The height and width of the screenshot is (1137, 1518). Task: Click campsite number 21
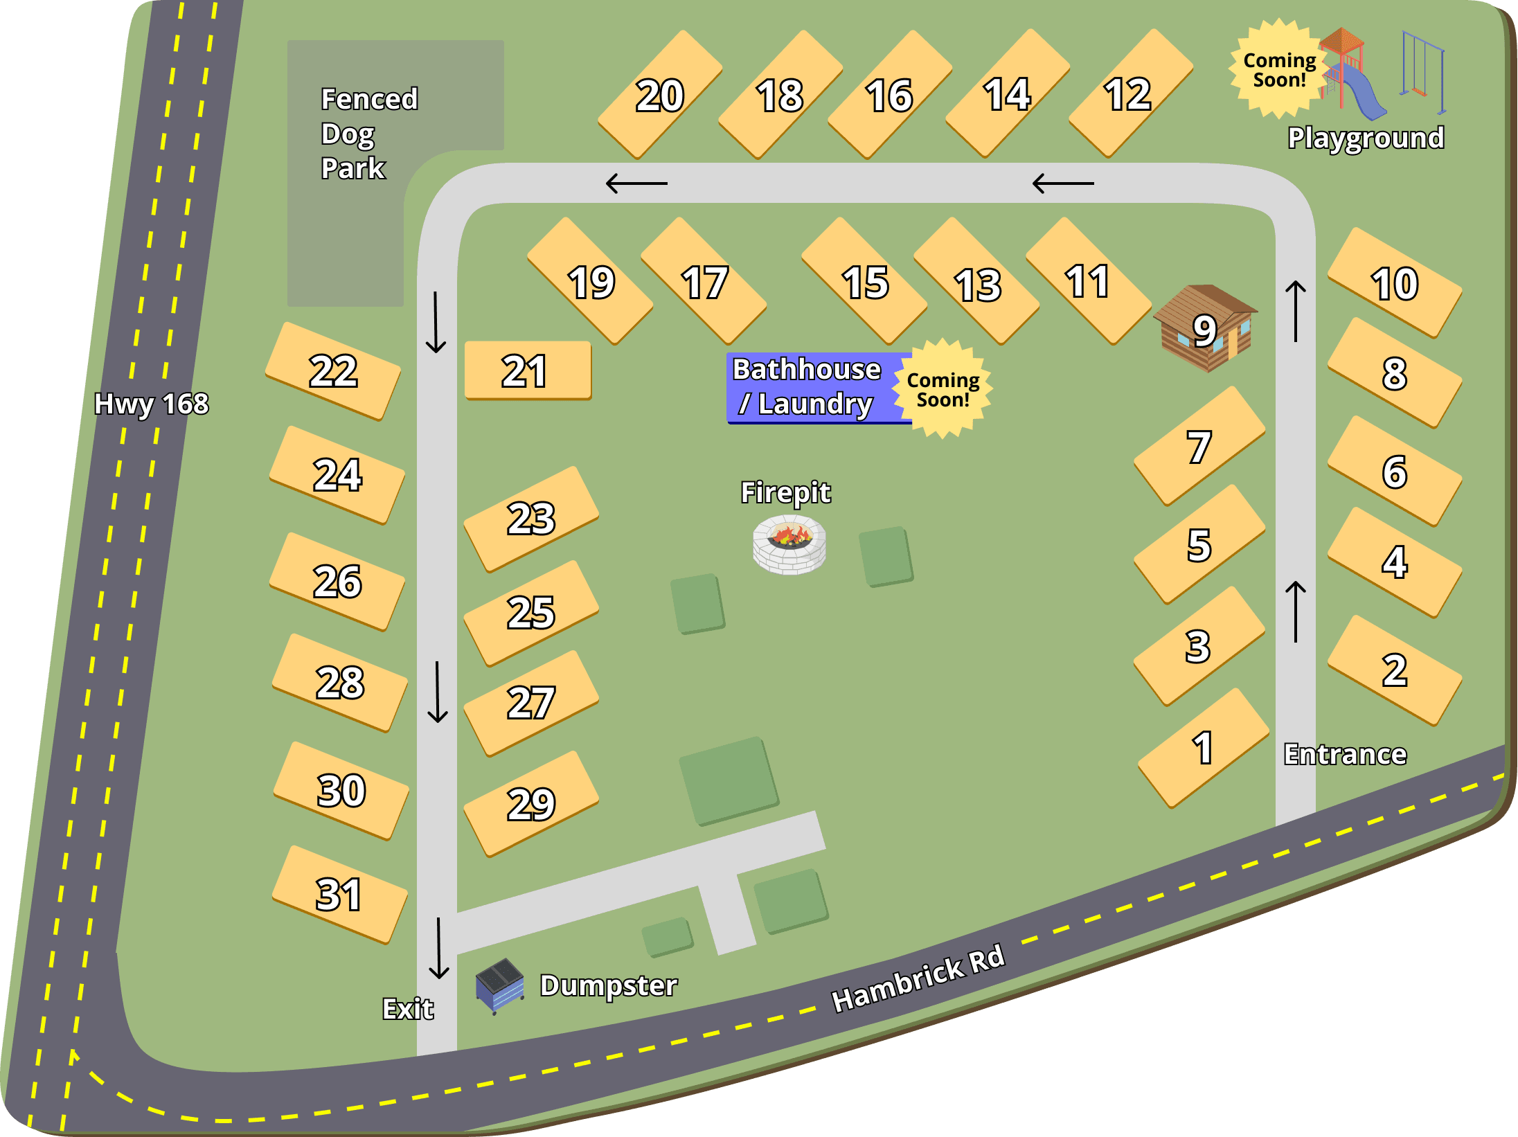click(x=527, y=370)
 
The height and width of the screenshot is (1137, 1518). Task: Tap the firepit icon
click(x=789, y=544)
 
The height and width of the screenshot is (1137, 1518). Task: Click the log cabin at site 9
click(x=1206, y=328)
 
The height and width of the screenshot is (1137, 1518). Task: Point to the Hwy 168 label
click(x=151, y=404)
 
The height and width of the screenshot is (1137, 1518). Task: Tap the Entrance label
click(x=1345, y=754)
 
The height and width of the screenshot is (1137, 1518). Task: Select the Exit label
click(x=408, y=1009)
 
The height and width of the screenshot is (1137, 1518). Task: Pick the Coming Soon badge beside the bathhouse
click(x=943, y=389)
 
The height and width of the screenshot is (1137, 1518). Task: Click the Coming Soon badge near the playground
click(x=1279, y=69)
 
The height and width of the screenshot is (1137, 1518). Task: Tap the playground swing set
click(x=1422, y=73)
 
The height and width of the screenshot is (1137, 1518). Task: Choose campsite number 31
click(x=339, y=894)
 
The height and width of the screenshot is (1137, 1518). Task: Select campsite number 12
click(x=1129, y=94)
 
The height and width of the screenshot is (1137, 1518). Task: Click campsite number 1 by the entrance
click(x=1203, y=748)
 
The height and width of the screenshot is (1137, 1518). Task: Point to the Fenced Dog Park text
click(x=368, y=134)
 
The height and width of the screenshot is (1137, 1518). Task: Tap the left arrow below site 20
click(x=636, y=183)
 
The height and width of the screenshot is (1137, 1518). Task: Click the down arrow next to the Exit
click(x=439, y=948)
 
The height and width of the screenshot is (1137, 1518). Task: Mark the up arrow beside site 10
click(x=1296, y=311)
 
